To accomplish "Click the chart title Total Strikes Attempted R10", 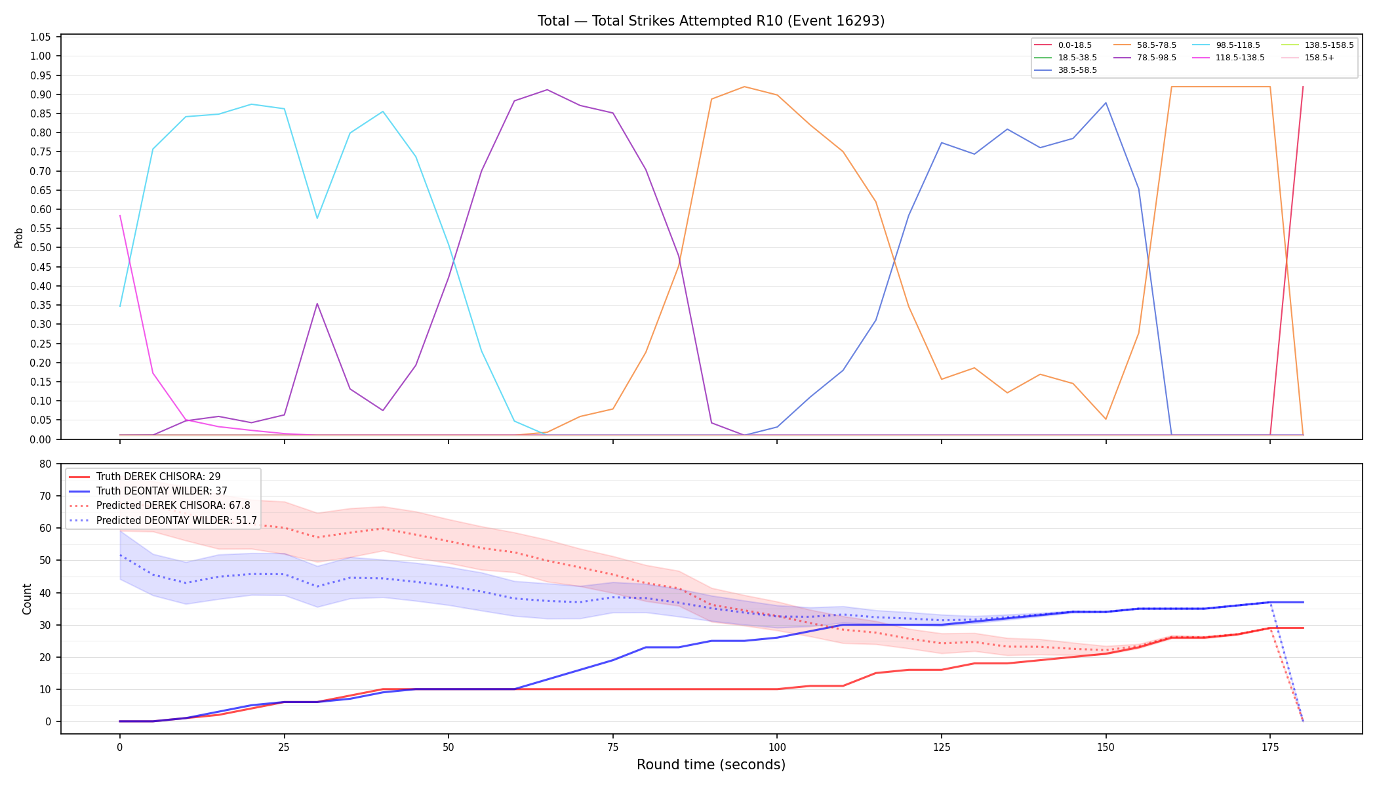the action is point(711,21).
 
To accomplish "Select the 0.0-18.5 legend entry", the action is point(1063,45).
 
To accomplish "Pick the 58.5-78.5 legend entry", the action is point(1144,45).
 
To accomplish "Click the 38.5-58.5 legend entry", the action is point(1066,70).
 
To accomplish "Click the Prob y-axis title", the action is point(18,237).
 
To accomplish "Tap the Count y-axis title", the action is point(27,599).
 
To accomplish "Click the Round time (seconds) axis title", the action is point(711,765).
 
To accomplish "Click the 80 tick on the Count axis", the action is point(45,464).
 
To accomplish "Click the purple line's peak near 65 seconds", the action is point(547,90).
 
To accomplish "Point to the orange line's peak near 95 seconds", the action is point(744,87).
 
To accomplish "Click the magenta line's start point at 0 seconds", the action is point(120,215).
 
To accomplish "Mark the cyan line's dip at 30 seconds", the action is point(317,218).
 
